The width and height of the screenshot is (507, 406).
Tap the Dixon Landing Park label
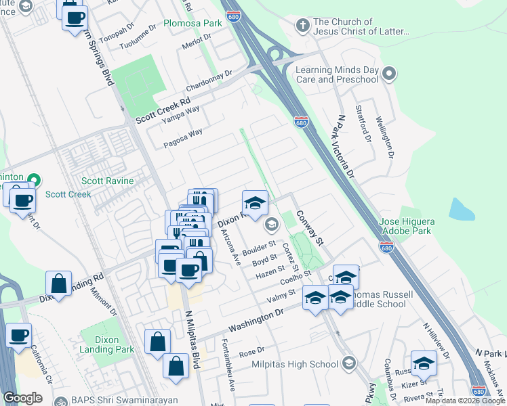pyautogui.click(x=107, y=345)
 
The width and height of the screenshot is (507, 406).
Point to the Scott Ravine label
pyautogui.click(x=108, y=181)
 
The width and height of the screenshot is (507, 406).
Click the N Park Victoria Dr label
pyautogui.click(x=345, y=145)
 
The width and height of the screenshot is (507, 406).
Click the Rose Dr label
pyautogui.click(x=251, y=352)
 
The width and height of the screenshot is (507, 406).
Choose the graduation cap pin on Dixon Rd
pyautogui.click(x=255, y=203)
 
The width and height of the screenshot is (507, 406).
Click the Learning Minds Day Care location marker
pyautogui.click(x=389, y=73)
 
